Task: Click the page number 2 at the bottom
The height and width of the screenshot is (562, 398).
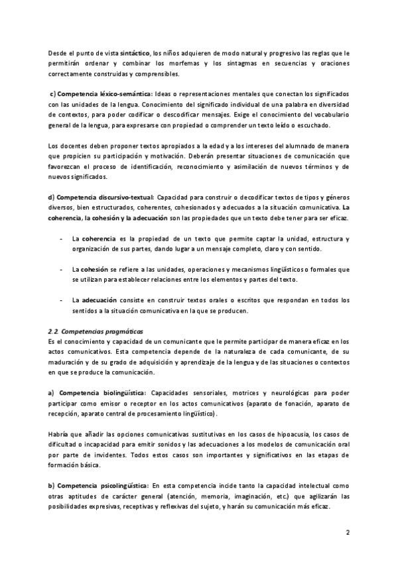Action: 348,532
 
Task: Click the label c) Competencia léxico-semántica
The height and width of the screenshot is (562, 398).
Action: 101,95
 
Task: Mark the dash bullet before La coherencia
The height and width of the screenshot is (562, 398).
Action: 61,239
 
